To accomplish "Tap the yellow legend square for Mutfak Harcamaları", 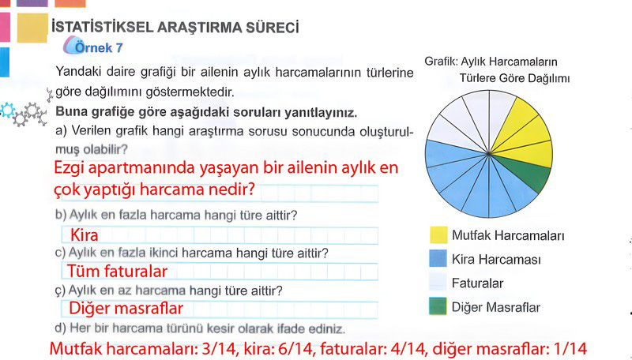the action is pos(438,235).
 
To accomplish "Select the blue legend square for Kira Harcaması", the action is pos(438,258).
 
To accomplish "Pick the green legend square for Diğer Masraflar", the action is pos(438,306).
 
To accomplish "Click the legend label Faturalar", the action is pos(477,283).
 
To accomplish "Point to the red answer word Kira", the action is pos(85,235).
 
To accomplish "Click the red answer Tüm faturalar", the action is pos(117,272).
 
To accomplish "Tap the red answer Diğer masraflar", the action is pos(126,309).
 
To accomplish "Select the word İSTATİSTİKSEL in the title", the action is pos(103,28).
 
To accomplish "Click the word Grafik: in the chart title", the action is pos(441,62).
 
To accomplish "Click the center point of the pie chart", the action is pos(489,154).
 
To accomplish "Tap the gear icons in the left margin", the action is pos(24,113).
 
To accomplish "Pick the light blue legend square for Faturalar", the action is pos(438,283).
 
